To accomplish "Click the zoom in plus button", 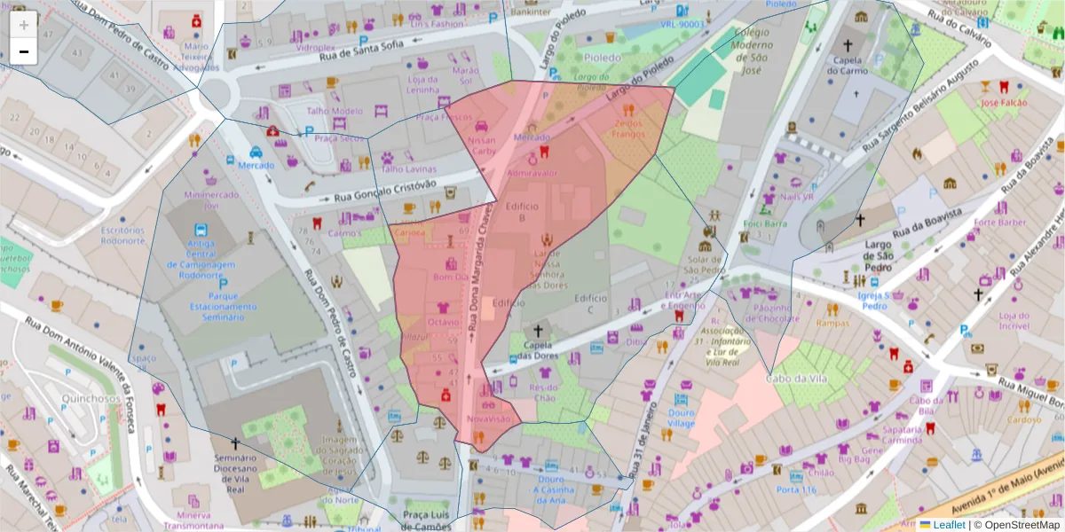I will (x=24, y=25).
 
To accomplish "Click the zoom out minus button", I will (x=24, y=51).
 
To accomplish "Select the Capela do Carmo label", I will (x=848, y=66).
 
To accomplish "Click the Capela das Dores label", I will (x=537, y=351).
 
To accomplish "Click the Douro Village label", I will (x=681, y=418).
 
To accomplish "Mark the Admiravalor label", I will (x=532, y=173).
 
